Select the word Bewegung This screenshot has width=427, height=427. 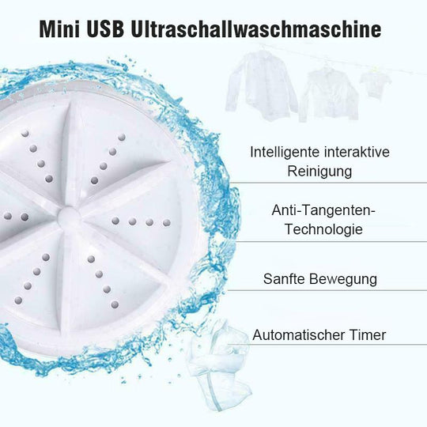point(343,279)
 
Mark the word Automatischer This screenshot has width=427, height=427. point(300,334)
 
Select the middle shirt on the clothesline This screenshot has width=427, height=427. point(328,91)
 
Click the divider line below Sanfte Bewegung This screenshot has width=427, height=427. point(332,297)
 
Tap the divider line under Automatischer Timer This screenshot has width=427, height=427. point(332,345)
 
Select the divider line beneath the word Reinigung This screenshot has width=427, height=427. point(332,183)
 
